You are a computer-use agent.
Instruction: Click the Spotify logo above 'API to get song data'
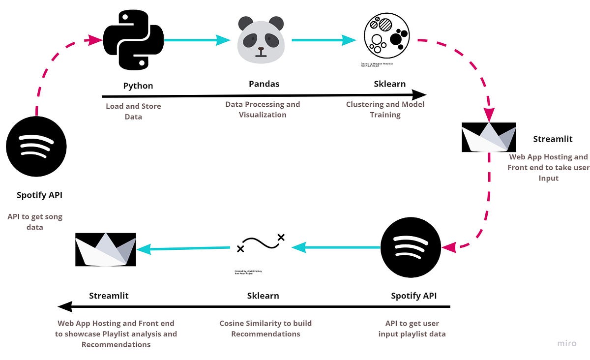point(36,146)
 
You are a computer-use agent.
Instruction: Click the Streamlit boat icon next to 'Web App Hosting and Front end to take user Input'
point(489,137)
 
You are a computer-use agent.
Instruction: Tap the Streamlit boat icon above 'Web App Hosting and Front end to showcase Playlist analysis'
point(106,249)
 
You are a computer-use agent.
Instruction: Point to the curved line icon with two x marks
point(261,243)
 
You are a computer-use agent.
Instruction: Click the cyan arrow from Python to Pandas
point(197,40)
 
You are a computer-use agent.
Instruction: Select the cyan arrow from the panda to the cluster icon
point(324,40)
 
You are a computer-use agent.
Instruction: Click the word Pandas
point(264,84)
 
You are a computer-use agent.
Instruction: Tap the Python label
point(138,86)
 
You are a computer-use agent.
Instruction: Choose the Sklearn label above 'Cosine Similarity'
point(263,296)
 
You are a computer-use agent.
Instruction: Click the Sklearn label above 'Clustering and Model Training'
point(390,84)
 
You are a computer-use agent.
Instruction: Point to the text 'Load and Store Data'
point(133,111)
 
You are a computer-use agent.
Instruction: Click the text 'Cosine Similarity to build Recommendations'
point(265,329)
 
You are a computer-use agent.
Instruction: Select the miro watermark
point(566,343)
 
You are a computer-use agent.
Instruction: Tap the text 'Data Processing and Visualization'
point(263,109)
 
